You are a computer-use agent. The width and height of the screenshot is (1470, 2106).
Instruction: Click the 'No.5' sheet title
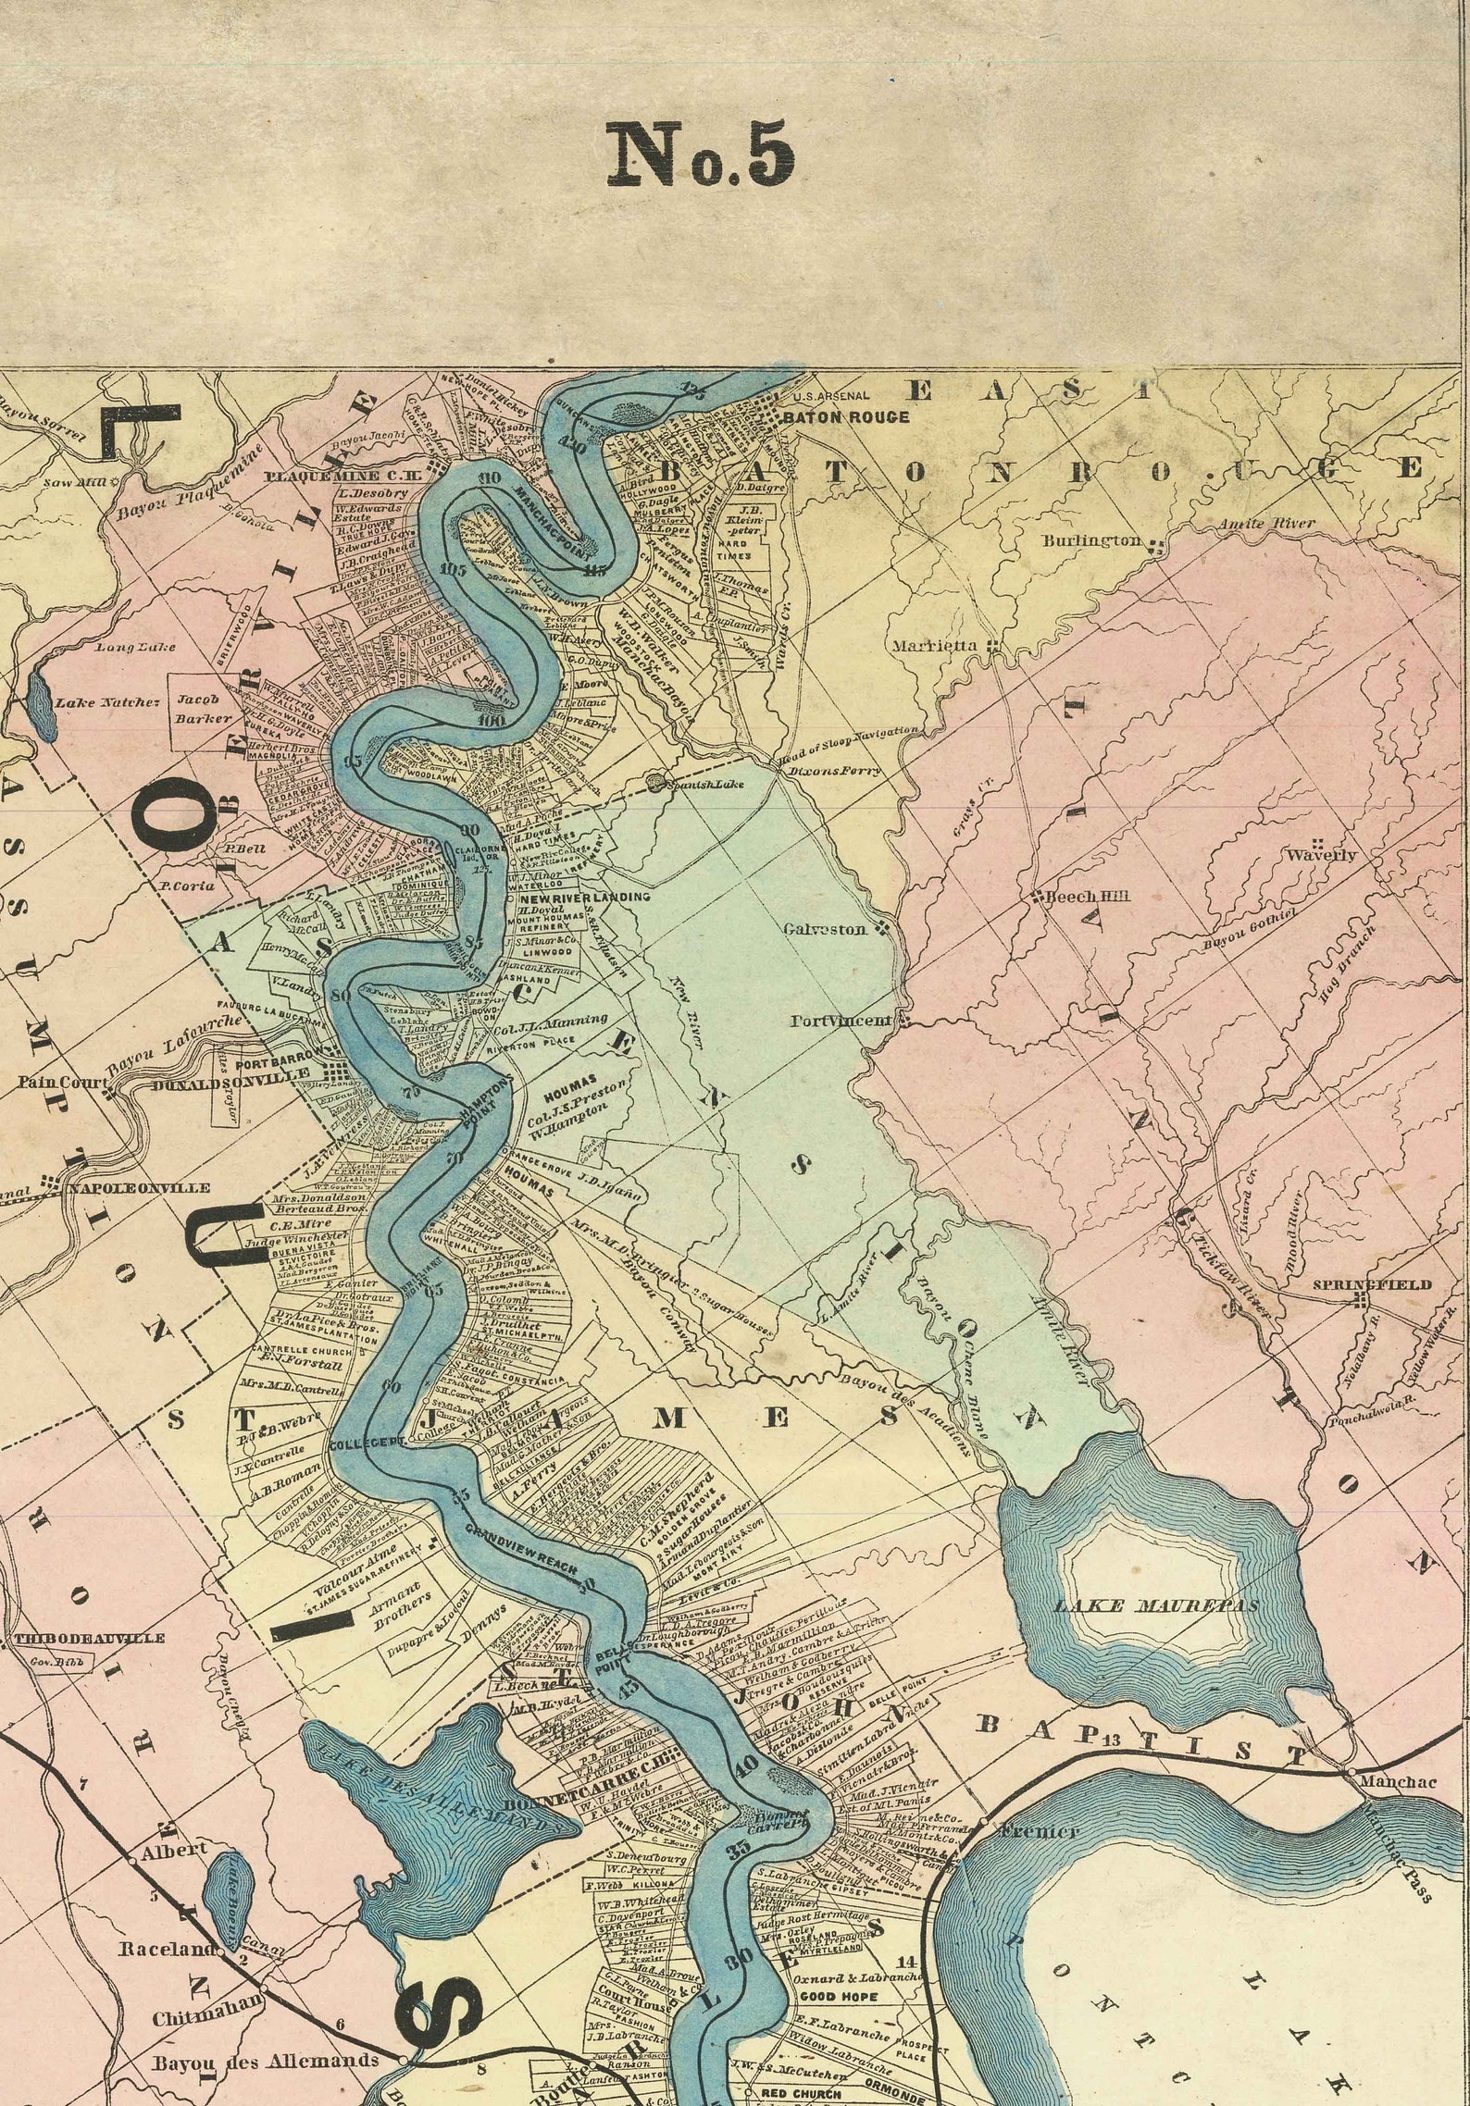[700, 155]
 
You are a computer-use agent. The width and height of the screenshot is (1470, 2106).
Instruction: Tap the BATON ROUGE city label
[846, 417]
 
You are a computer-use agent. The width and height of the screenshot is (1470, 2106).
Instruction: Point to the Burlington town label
[1092, 540]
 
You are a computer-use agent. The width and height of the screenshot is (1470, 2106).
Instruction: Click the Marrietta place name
[933, 646]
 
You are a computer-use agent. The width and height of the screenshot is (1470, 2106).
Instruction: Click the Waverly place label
[1321, 855]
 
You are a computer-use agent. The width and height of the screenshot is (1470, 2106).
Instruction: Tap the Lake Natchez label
[107, 703]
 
